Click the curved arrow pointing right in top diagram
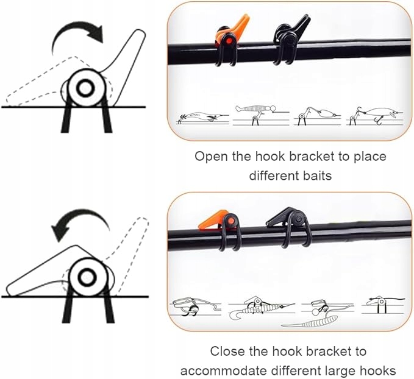78,30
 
